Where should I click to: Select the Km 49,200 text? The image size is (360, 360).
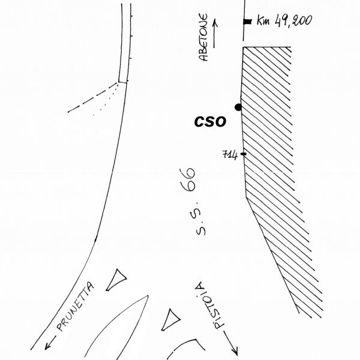coord(284,21)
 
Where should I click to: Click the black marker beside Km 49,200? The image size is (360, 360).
coord(247,22)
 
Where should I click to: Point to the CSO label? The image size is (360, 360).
coord(210,121)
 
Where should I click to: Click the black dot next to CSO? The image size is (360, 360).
coord(238,107)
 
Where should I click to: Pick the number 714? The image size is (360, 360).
coord(230,155)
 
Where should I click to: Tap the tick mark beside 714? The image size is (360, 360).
coord(243,155)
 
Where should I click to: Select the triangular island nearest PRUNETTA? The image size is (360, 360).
coord(118,279)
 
